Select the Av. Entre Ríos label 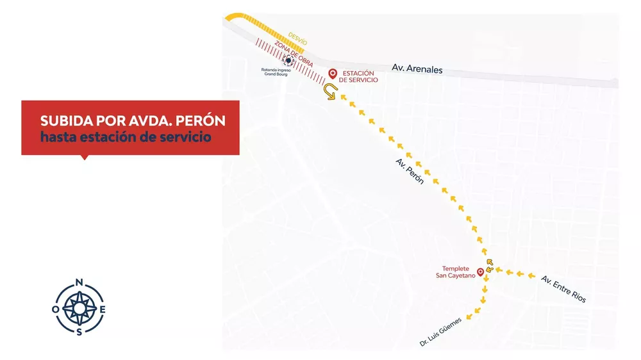click(x=563, y=289)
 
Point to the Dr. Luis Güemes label click(x=440, y=332)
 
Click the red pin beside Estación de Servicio click(x=332, y=74)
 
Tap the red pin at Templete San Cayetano click(x=481, y=272)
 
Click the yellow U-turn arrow click(x=330, y=93)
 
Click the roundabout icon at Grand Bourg click(x=289, y=61)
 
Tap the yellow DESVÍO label click(x=298, y=38)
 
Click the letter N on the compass click(x=79, y=282)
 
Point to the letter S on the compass click(x=79, y=331)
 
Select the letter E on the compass click(x=103, y=309)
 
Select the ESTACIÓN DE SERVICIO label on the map click(x=358, y=76)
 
